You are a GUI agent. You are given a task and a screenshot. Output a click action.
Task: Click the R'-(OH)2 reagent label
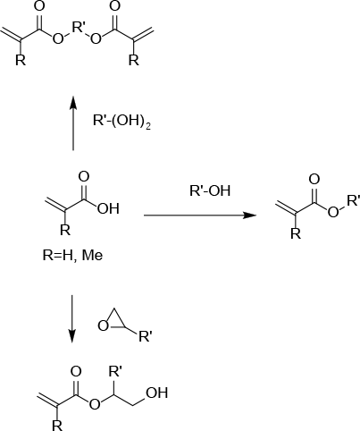coord(121,122)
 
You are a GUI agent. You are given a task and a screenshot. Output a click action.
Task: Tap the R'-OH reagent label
coord(210,190)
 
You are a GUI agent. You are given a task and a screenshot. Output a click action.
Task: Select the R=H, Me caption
coord(73,256)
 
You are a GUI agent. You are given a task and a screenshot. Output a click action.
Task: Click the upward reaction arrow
coord(73,123)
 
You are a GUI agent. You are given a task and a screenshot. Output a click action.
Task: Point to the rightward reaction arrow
coord(200,215)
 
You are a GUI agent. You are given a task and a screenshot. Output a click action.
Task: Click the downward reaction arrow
coord(71,319)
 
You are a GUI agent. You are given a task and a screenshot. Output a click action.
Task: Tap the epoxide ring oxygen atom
coord(104,326)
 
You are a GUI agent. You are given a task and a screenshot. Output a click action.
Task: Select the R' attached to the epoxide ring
coord(146,337)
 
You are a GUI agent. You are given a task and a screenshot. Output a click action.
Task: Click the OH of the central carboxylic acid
coord(108,208)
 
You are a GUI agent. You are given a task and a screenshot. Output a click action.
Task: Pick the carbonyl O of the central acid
coord(84,177)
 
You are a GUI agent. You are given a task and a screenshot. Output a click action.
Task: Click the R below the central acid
coord(65,230)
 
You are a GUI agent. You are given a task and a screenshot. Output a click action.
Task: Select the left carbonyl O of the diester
coord(39,6)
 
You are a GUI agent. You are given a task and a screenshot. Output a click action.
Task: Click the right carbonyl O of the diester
coord(115,6)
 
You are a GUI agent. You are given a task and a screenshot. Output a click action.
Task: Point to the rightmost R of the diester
coord(134,60)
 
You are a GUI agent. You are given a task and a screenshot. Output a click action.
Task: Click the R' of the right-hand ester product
coord(354,200)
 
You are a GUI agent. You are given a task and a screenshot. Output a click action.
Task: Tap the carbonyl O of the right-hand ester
coord(314,180)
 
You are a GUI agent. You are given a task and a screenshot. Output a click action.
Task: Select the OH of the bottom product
coord(157,393)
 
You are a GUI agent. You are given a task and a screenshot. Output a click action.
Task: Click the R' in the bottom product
coord(115,371)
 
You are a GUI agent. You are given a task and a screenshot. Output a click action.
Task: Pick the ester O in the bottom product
coord(95,404)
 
